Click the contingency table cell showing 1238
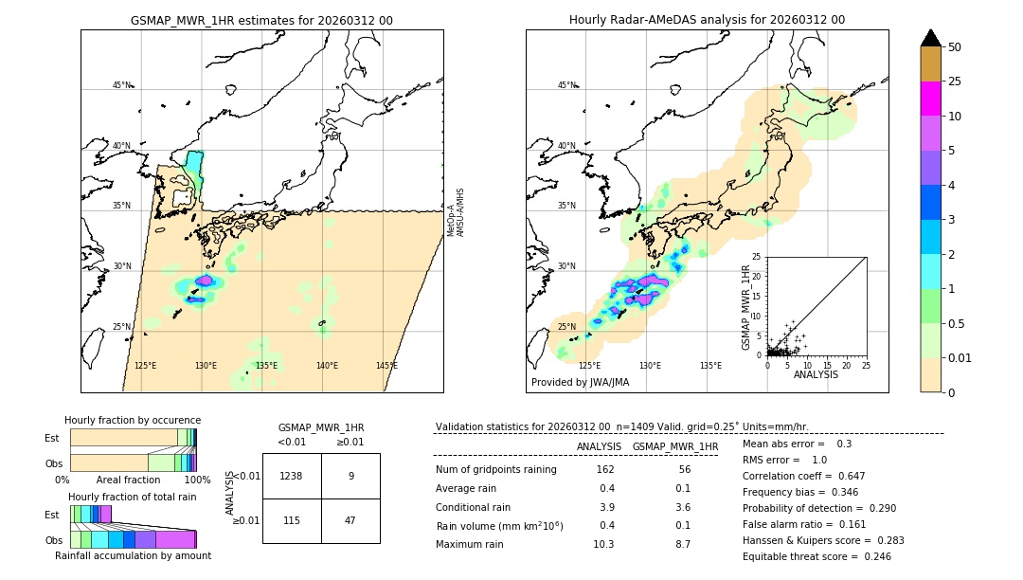pyautogui.click(x=292, y=476)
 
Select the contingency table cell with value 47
pyautogui.click(x=350, y=520)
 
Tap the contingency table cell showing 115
pyautogui.click(x=292, y=520)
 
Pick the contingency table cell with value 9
pyautogui.click(x=350, y=476)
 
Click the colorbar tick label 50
pyautogui.click(x=955, y=46)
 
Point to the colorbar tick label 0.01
pyautogui.click(x=960, y=357)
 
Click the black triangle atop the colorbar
pyautogui.click(x=930, y=38)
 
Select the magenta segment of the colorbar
pyautogui.click(x=930, y=99)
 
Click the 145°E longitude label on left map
pyautogui.click(x=386, y=366)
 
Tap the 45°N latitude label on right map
pyautogui.click(x=566, y=85)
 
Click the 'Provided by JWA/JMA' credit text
pyautogui.click(x=580, y=383)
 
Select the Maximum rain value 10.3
pyautogui.click(x=603, y=544)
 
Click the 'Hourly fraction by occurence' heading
pyautogui.click(x=133, y=420)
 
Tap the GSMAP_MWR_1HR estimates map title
pyautogui.click(x=261, y=20)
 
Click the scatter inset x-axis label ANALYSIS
pyautogui.click(x=816, y=374)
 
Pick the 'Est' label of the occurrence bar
pyautogui.click(x=52, y=438)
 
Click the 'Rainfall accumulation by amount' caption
pyautogui.click(x=133, y=555)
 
